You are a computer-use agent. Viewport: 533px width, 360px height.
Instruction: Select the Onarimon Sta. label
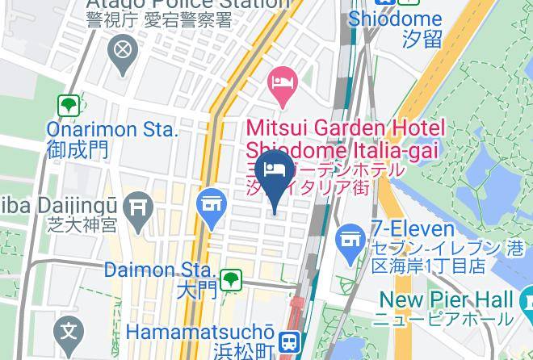point(112,129)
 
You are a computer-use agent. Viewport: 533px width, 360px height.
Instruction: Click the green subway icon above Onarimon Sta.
point(68,105)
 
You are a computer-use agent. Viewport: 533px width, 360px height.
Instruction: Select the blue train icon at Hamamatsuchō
point(288,341)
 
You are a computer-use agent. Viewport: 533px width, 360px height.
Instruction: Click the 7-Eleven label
point(409,228)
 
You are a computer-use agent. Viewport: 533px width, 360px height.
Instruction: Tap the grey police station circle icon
point(123,51)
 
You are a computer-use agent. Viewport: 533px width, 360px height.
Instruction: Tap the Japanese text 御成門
point(78,149)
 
